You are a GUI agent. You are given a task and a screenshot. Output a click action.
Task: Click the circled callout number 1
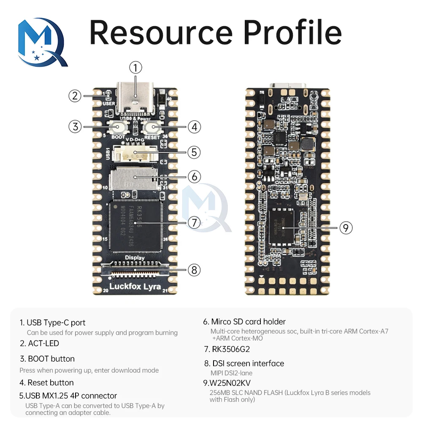[135, 68]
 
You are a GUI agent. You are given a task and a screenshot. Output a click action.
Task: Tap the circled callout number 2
[75, 96]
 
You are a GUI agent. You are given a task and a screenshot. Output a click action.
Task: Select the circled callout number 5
[194, 152]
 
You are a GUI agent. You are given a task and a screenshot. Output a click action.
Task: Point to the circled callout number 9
[346, 228]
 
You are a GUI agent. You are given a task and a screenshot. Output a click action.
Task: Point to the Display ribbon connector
[135, 269]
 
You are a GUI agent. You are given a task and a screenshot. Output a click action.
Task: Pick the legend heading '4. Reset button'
[46, 383]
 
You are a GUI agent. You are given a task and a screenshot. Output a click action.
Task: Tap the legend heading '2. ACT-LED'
[39, 344]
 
